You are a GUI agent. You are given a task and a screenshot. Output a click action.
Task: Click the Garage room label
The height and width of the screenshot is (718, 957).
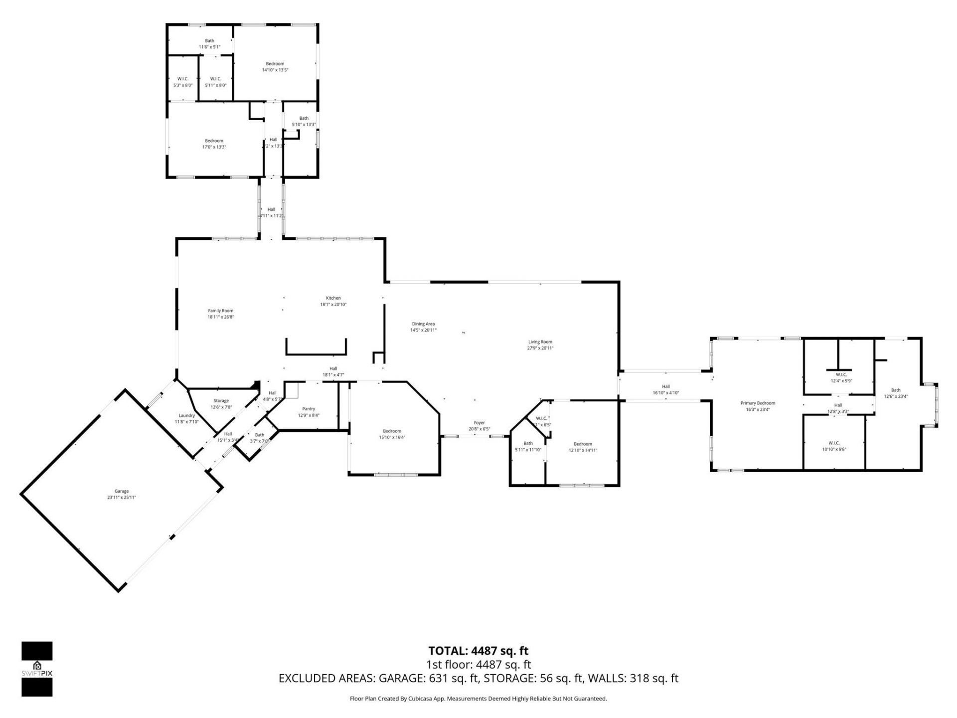121,491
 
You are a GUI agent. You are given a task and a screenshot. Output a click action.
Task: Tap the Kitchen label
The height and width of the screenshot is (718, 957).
333,298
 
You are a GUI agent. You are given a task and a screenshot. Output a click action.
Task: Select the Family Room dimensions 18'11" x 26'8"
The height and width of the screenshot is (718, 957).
220,317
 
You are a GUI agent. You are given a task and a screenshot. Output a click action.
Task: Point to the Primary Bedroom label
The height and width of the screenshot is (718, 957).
758,403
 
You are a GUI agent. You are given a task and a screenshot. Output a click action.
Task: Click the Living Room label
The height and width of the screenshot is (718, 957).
540,342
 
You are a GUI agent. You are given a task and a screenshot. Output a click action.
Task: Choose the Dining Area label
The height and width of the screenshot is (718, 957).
423,324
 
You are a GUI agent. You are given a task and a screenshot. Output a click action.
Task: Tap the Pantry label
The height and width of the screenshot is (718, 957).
309,409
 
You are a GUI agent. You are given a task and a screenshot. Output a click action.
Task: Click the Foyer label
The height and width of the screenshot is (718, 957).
479,423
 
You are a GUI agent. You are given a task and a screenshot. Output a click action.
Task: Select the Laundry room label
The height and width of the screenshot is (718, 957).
186,415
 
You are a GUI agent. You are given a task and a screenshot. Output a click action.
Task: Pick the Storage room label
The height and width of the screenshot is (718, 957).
221,400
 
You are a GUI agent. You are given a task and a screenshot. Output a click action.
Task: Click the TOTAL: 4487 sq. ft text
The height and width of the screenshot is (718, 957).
478,651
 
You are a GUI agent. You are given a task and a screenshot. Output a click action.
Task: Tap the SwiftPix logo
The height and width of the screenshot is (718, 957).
37,669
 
